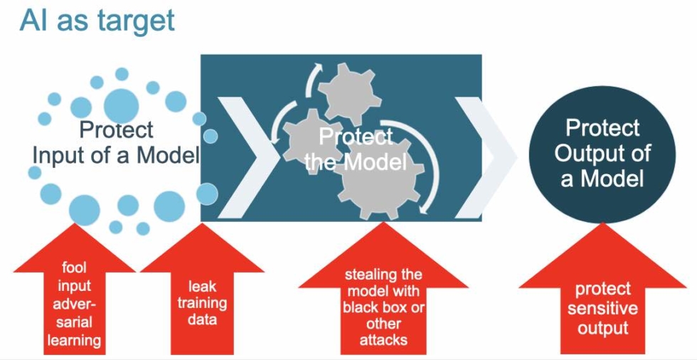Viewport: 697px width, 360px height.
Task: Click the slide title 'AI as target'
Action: coord(97,21)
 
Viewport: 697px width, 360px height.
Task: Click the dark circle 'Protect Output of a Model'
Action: coord(602,152)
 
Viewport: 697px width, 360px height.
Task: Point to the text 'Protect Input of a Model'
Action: coord(115,142)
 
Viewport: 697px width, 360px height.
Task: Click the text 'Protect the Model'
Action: coord(356,149)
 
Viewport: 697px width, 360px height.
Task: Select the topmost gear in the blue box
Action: coord(350,92)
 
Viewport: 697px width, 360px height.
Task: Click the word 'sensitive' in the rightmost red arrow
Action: coord(603,308)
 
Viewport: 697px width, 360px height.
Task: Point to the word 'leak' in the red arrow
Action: coord(202,287)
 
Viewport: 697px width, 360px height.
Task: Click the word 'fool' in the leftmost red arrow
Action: coord(74,268)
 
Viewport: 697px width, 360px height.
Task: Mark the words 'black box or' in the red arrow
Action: coord(383,307)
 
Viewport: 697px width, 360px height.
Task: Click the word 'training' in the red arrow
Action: coord(202,304)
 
